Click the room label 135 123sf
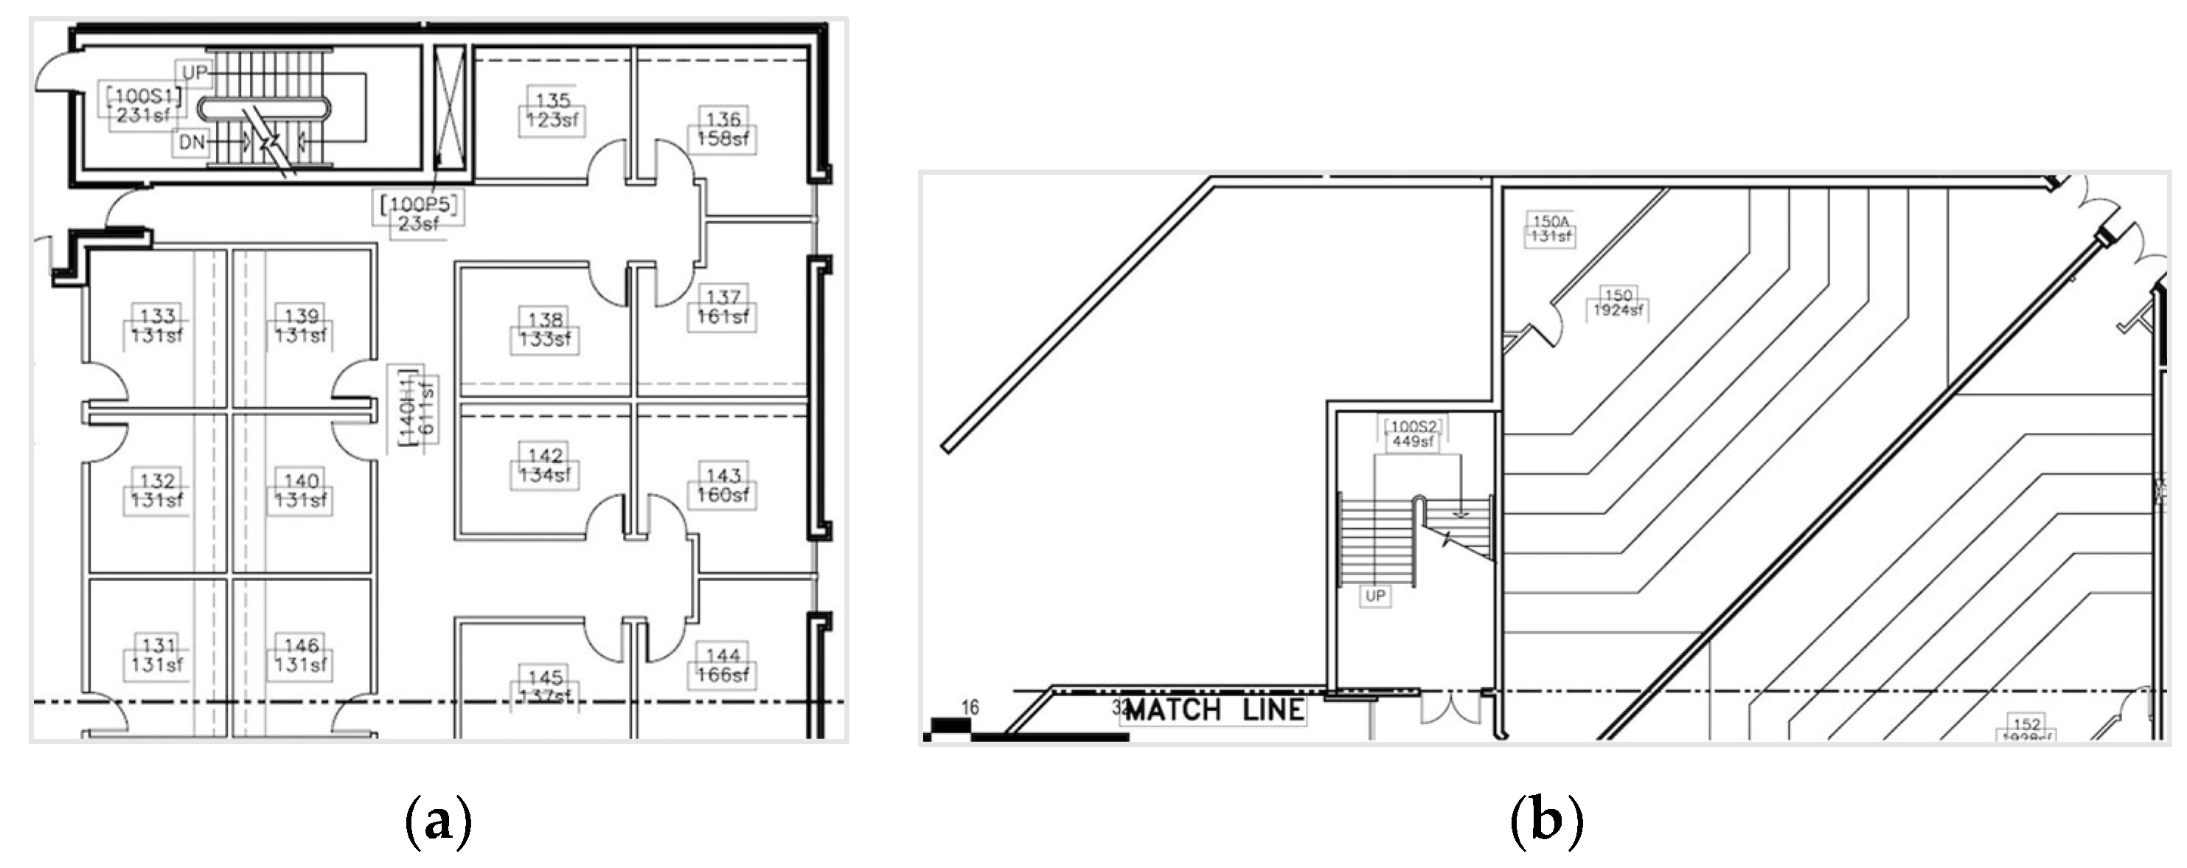[552, 111]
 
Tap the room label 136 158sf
[723, 129]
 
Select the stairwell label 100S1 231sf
[142, 105]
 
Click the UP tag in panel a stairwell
[194, 73]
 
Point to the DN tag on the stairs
[192, 142]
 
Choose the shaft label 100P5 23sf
[420, 213]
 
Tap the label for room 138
[544, 330]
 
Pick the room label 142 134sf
[544, 465]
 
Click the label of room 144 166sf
[723, 666]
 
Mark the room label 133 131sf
[157, 325]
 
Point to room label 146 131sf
[301, 655]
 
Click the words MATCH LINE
[1214, 710]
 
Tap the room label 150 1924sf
[1618, 303]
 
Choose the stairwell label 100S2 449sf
[1413, 434]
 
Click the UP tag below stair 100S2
[1375, 596]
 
